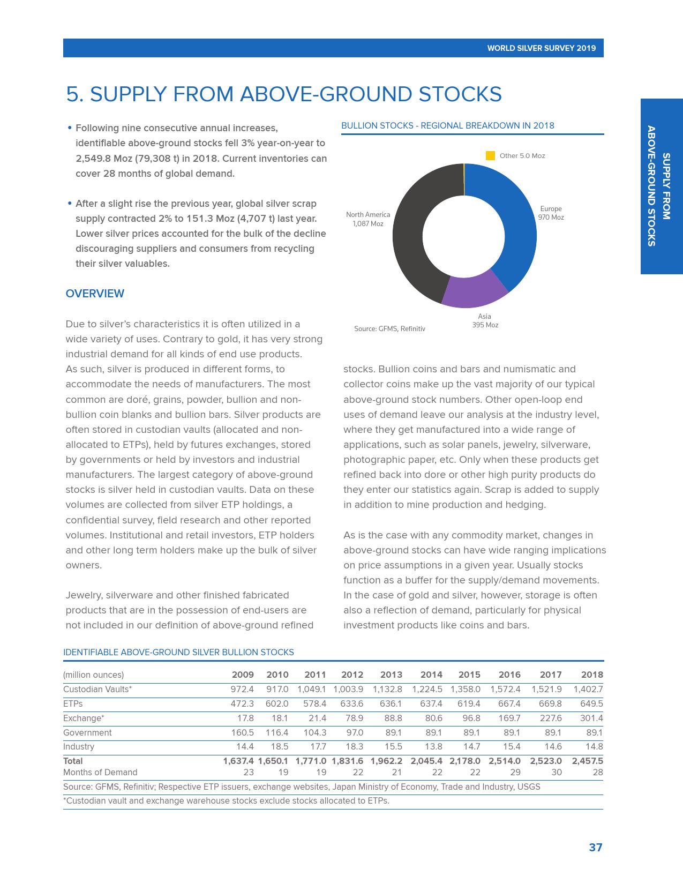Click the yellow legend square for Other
(x=490, y=156)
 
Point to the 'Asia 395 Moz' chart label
(x=485, y=321)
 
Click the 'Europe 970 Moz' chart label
(x=551, y=213)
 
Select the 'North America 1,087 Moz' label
(x=368, y=219)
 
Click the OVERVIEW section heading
(x=95, y=294)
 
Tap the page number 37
(x=595, y=848)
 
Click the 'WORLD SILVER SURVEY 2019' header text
(x=541, y=48)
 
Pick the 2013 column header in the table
(x=391, y=675)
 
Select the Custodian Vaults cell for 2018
(x=588, y=690)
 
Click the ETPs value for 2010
(x=277, y=704)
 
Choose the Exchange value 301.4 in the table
(x=591, y=718)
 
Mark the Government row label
(x=87, y=733)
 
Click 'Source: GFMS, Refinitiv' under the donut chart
(x=389, y=329)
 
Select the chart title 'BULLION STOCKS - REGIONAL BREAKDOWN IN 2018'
(x=448, y=126)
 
